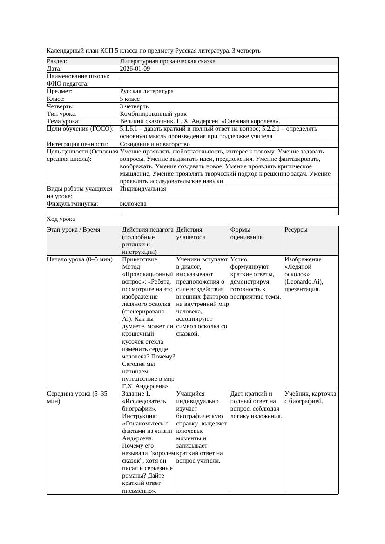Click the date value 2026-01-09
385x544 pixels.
click(x=135, y=69)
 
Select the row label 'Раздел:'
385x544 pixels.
click(x=57, y=61)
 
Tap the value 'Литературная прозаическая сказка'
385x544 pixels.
click(x=168, y=61)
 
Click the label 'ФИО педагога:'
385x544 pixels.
click(x=68, y=84)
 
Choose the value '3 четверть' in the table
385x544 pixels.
click(x=134, y=106)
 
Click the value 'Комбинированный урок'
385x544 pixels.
click(x=153, y=114)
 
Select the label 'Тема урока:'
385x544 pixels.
click(x=63, y=121)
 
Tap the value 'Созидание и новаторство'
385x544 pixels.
click(x=155, y=144)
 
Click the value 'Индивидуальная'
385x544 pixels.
click(x=143, y=189)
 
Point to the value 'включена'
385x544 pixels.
click(x=133, y=204)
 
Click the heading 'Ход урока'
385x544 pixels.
click(x=61, y=219)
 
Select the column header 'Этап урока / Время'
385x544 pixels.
click(x=74, y=230)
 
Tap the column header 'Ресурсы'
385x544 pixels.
click(x=296, y=230)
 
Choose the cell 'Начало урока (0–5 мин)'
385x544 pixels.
click(x=80, y=259)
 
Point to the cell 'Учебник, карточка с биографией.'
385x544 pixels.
click(x=311, y=398)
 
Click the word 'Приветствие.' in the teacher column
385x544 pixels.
click(x=140, y=259)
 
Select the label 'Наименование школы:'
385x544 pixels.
click(x=78, y=76)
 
